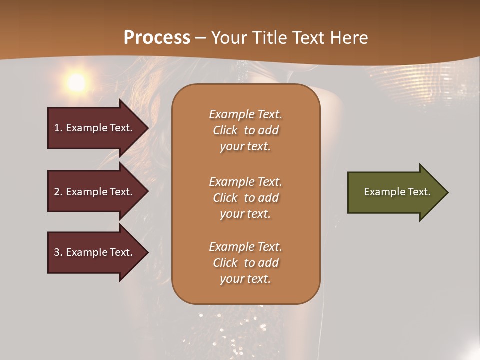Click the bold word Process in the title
(x=157, y=38)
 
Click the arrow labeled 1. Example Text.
(x=95, y=128)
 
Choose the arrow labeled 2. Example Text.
(x=95, y=192)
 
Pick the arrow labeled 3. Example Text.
(x=95, y=252)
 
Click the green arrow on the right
(x=395, y=192)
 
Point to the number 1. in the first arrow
(x=58, y=128)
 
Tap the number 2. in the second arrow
(x=58, y=192)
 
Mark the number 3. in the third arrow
(x=58, y=252)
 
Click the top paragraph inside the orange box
(x=245, y=130)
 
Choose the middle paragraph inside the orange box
(x=245, y=198)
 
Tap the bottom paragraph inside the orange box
(x=245, y=263)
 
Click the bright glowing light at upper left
(x=76, y=83)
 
